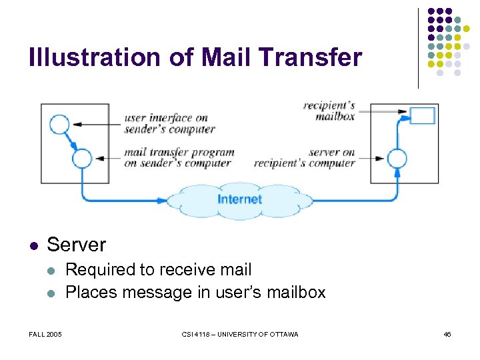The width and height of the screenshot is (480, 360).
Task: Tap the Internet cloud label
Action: pos(239,199)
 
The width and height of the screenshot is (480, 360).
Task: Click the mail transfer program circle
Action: pos(82,158)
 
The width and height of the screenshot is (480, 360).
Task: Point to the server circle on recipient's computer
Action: pos(397,159)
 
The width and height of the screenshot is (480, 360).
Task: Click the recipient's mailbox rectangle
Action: pos(422,115)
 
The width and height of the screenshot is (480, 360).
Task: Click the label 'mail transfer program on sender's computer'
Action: pos(179,157)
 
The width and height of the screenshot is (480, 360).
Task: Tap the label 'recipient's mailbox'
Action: pos(329,111)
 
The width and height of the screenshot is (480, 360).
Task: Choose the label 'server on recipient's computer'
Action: pos(305,157)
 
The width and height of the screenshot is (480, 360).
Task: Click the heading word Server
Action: pos(76,245)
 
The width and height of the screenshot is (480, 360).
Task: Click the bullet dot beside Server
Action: pos(34,245)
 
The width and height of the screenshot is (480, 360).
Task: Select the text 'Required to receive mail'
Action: pos(159,270)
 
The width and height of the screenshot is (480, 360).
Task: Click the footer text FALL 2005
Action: pos(45,334)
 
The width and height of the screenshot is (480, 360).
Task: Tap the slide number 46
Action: pos(447,334)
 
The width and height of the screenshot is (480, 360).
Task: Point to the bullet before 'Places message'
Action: pos(52,293)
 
